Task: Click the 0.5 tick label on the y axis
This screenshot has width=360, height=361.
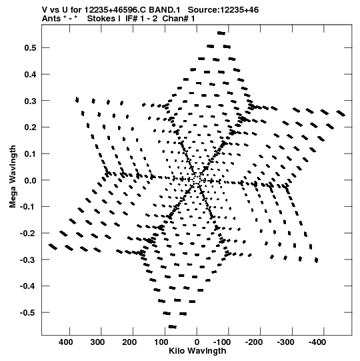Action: coord(30,48)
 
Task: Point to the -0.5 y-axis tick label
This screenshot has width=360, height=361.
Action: coord(28,313)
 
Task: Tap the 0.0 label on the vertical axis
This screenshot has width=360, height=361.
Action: coord(30,180)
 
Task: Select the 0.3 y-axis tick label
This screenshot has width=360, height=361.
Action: coord(30,101)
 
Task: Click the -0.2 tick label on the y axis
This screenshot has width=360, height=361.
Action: coord(28,234)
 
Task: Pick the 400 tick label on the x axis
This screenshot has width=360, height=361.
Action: coord(67,342)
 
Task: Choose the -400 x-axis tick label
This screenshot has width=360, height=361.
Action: coord(317,342)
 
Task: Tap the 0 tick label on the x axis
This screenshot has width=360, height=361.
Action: coord(197,342)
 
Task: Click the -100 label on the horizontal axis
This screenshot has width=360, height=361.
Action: coord(222,342)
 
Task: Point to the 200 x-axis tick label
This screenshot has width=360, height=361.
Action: coord(129,342)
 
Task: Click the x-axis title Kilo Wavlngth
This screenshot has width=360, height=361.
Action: coord(197,351)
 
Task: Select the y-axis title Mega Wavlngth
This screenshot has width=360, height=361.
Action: coord(13,177)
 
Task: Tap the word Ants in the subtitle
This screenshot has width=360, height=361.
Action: coord(51,19)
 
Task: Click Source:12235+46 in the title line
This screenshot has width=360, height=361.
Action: coord(223,10)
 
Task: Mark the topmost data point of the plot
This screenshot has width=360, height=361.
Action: coord(221,33)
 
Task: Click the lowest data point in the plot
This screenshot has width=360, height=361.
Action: coord(173,327)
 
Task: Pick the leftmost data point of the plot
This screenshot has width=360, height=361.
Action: coord(53,247)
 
